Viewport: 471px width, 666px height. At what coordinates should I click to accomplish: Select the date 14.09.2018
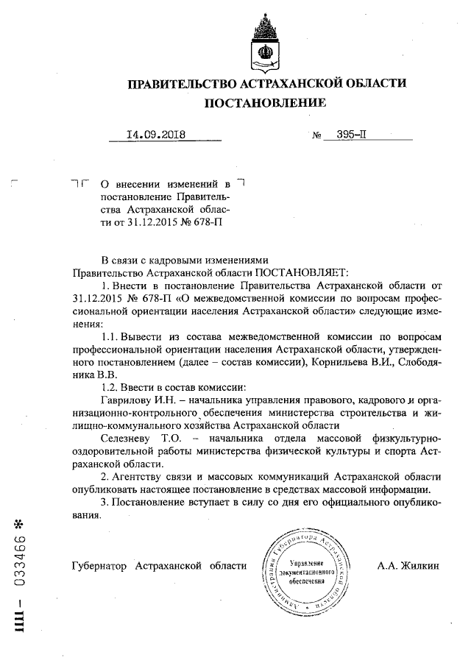click(x=156, y=135)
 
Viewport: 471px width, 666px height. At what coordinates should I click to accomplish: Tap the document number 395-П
click(x=351, y=135)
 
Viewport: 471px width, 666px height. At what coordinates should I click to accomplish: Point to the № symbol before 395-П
click(x=318, y=136)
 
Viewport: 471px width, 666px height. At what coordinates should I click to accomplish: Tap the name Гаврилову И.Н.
click(x=135, y=400)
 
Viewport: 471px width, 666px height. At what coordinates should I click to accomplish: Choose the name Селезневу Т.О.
click(x=135, y=438)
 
